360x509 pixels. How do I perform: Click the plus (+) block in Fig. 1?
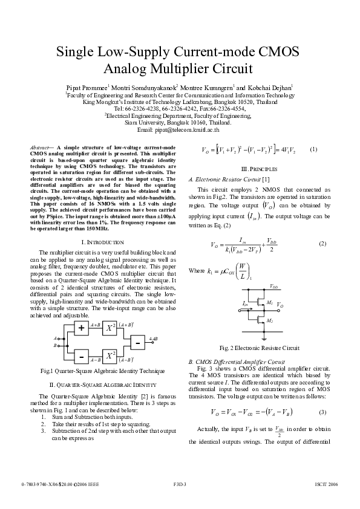tap(80, 328)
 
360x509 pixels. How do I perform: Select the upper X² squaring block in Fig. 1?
tap(111, 328)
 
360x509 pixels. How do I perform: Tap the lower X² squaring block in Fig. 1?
tap(111, 354)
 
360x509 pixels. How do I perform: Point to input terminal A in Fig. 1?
tap(56, 338)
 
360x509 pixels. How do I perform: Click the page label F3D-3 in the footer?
tap(180, 485)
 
